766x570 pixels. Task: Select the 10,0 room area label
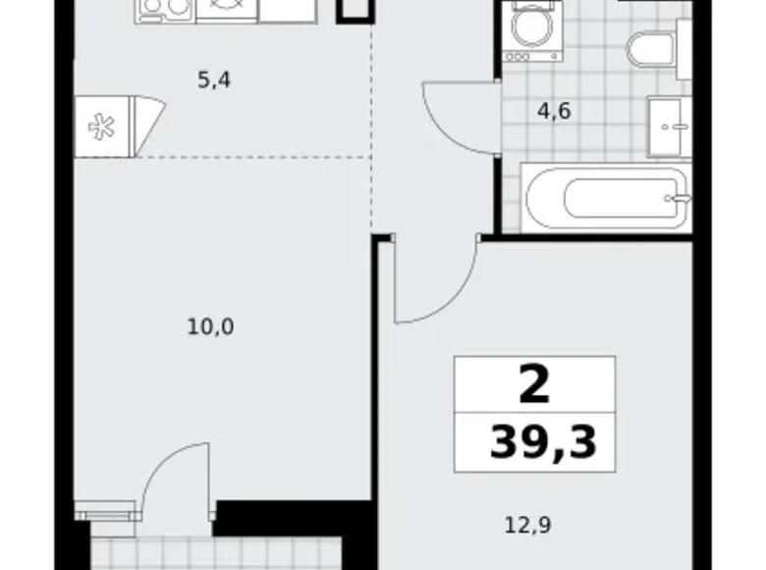pyautogui.click(x=209, y=326)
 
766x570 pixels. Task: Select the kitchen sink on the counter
pyautogui.click(x=227, y=9)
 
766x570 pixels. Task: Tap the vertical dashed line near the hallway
pyautogui.click(x=372, y=128)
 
